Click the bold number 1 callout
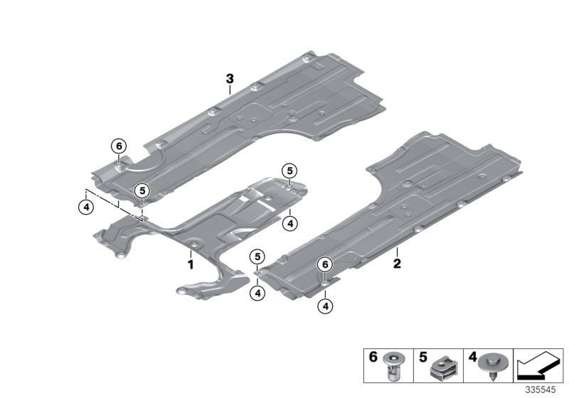pos(191,264)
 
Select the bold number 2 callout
pos(397,264)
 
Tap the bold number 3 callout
pos(230,80)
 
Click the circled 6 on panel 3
pos(118,146)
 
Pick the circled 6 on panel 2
pos(325,264)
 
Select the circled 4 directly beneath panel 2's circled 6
pos(325,306)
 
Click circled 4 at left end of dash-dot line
pos(85,207)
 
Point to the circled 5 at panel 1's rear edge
pos(288,170)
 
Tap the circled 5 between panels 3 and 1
pos(142,190)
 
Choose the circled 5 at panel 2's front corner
pos(257,256)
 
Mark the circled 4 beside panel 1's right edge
pos(288,223)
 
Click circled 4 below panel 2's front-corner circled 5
pos(257,291)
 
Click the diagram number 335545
pos(542,389)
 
